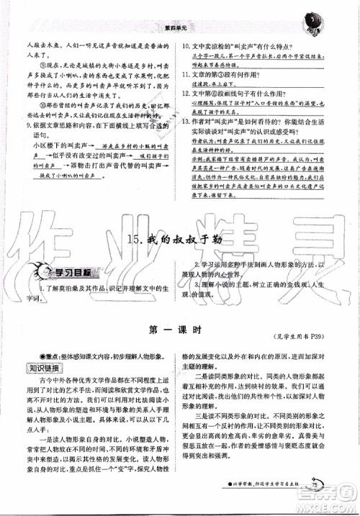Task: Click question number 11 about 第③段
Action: pos(185,76)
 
